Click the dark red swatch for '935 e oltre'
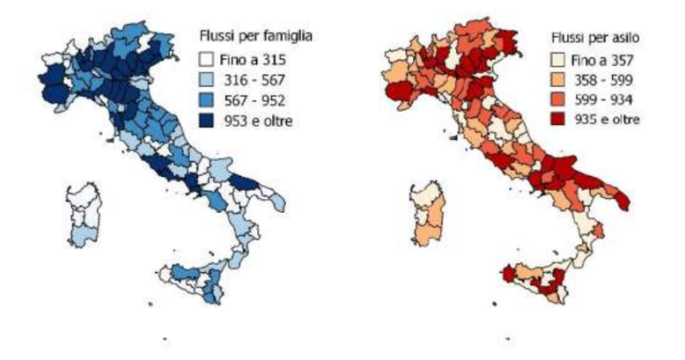[x=549, y=118]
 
